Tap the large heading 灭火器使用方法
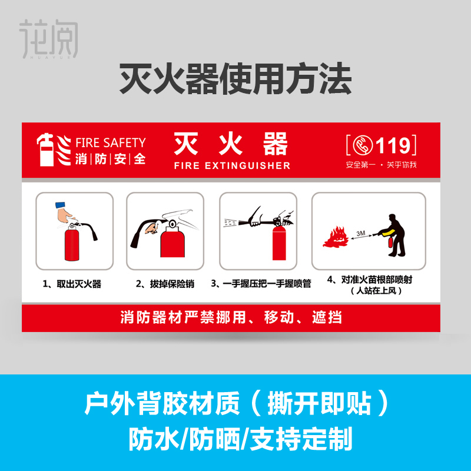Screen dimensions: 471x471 (235, 79)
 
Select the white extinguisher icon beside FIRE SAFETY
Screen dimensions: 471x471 (47, 150)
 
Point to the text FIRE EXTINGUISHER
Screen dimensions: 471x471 (232, 165)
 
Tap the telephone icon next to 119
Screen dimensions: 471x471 (360, 144)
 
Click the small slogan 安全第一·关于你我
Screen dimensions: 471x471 (381, 164)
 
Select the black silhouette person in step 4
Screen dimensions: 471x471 (396, 234)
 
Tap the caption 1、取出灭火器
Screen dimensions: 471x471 (72, 284)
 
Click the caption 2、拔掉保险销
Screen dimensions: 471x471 (165, 284)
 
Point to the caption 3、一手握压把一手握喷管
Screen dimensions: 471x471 (261, 284)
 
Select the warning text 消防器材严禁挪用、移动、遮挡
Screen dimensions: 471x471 (231, 319)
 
